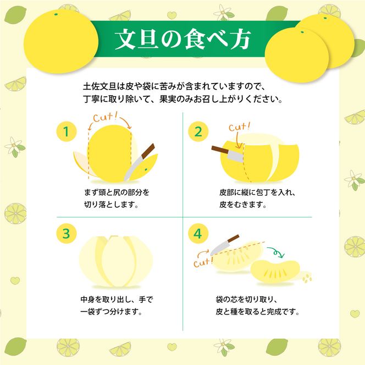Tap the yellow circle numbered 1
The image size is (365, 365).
click(x=66, y=132)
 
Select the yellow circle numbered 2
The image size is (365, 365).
click(x=198, y=132)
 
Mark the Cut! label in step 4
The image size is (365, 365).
click(x=203, y=263)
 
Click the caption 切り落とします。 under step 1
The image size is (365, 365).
click(x=108, y=204)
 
